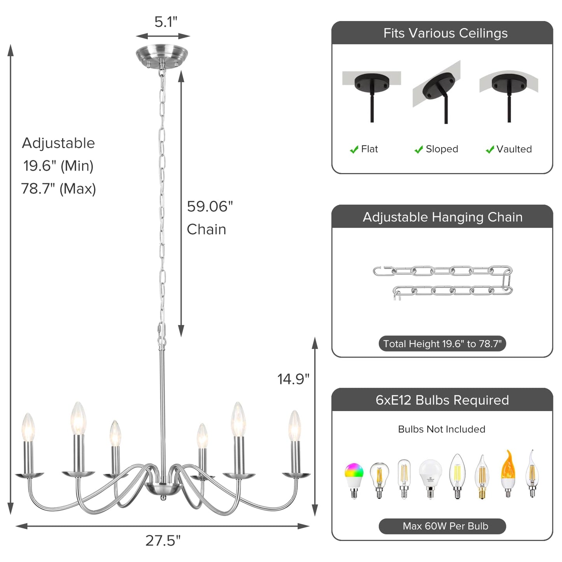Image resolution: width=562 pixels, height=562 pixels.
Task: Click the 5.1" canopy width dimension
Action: [x=166, y=22]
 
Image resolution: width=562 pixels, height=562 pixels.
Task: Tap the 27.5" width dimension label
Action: [x=163, y=540]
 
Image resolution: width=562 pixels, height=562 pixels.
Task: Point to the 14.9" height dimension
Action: [x=293, y=379]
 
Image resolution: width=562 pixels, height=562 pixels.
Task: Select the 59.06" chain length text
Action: [x=210, y=207]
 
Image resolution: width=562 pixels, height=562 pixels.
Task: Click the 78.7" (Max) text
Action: [x=58, y=189]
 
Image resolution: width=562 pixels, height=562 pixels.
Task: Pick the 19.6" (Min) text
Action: [x=58, y=166]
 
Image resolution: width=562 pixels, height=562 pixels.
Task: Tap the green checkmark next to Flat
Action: [x=354, y=150]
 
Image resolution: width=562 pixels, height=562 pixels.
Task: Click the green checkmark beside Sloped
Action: [x=418, y=150]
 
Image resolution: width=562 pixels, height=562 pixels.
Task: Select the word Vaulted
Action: [x=514, y=149]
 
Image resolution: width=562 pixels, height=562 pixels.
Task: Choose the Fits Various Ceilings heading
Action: [x=445, y=33]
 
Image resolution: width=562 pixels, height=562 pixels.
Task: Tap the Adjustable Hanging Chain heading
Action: [x=443, y=217]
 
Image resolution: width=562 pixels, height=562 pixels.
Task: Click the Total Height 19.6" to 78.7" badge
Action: [x=442, y=344]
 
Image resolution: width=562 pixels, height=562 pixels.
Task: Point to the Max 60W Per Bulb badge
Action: [x=442, y=526]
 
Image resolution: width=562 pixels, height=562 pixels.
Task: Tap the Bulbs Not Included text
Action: [x=441, y=429]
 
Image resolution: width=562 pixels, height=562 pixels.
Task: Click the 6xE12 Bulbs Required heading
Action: [x=442, y=400]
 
